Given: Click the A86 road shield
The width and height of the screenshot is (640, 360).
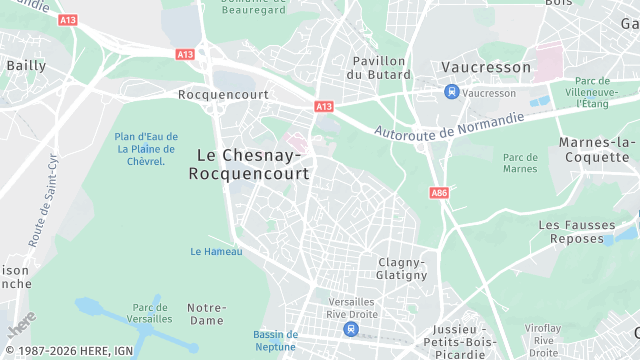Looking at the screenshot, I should [x=439, y=192].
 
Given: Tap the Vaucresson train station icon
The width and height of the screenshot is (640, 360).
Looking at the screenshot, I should [x=452, y=92].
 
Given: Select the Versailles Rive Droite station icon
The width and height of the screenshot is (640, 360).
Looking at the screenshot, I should [x=350, y=328].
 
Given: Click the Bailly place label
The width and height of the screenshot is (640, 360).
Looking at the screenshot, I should [x=26, y=65].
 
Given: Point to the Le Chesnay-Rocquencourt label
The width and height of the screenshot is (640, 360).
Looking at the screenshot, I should [x=248, y=164].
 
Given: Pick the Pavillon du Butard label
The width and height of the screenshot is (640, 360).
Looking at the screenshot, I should [x=378, y=67].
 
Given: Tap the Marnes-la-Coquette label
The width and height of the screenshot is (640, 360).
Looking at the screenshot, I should [x=597, y=150].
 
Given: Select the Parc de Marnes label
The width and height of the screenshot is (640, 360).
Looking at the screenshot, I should [x=520, y=163].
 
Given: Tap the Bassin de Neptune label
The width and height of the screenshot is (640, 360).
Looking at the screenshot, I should [x=275, y=340].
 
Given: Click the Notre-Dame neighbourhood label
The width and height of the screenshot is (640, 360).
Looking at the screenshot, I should [x=206, y=314].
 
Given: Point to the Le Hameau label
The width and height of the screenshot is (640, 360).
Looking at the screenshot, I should [x=216, y=251].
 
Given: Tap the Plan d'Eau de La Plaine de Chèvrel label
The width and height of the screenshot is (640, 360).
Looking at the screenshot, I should [x=146, y=149].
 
